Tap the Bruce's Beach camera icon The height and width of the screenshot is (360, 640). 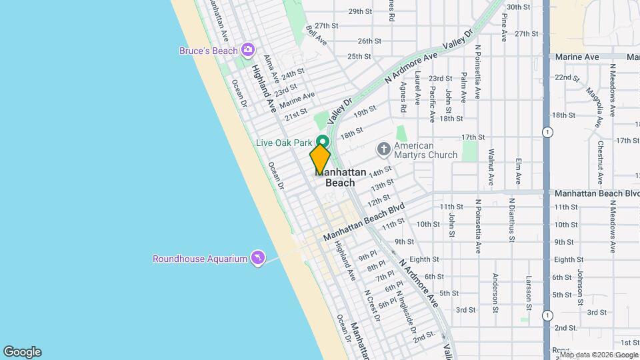(248, 50)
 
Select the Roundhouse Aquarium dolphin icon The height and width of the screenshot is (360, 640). (257, 258)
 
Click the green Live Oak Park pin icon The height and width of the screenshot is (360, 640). (323, 142)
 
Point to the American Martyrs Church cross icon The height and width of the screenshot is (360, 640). (383, 149)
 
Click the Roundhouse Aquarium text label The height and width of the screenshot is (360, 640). (200, 259)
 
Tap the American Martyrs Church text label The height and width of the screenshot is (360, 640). (425, 150)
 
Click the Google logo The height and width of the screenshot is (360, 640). (22, 352)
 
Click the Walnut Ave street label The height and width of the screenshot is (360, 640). (491, 166)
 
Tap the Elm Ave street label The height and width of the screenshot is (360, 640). (518, 171)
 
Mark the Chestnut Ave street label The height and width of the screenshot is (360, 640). (600, 157)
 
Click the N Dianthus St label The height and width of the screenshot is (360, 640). (511, 219)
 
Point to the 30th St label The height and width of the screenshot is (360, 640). (518, 7)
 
